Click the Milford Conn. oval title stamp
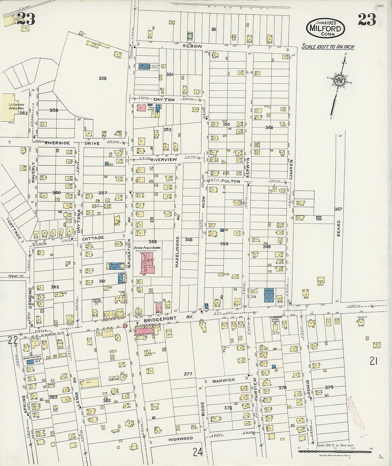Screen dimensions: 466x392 tap(325, 27)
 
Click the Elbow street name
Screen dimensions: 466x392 tap(192, 46)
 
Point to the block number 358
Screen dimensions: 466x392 tap(102, 78)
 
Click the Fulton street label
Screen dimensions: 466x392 tap(231, 181)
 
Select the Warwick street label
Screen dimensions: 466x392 tap(223, 380)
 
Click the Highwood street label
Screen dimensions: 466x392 tap(181, 438)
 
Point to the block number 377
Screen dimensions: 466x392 tap(188, 374)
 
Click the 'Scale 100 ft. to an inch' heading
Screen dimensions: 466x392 tap(326, 46)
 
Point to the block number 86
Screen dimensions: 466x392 tap(214, 29)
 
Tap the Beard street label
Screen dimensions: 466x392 tap(339, 229)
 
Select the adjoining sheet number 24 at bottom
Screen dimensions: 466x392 tap(197, 452)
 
